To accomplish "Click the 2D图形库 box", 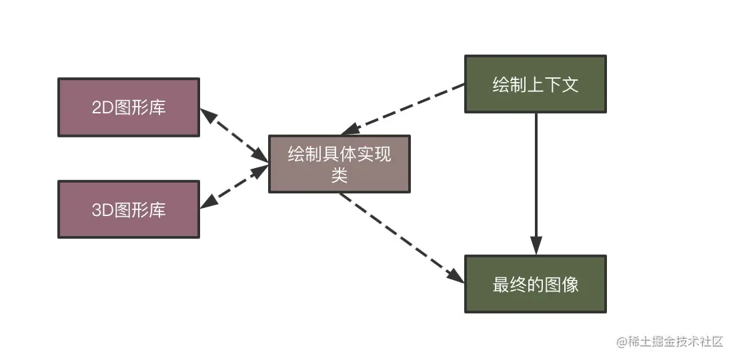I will click(x=129, y=107).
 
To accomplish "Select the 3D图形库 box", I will click(x=129, y=209).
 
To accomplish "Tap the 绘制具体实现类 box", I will click(x=339, y=164).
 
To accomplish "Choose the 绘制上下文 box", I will click(x=535, y=85).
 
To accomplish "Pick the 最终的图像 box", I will click(x=535, y=284).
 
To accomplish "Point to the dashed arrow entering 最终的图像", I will click(x=400, y=237).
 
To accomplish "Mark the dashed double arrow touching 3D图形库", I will click(x=233, y=187).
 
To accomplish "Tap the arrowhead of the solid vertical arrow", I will click(x=536, y=245).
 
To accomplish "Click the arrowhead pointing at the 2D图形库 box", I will click(x=209, y=116).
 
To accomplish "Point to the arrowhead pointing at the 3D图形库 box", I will click(x=209, y=202).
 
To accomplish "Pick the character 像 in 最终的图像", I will click(x=570, y=285).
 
